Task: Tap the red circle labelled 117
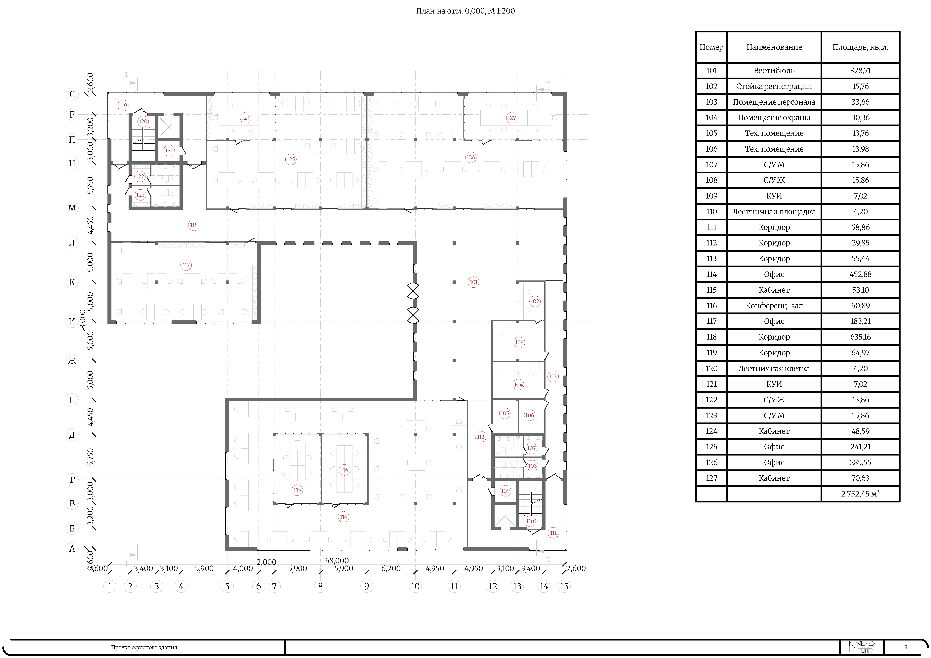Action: pyautogui.click(x=186, y=265)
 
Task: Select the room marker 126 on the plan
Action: pyautogui.click(x=470, y=157)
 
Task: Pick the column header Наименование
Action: pyautogui.click(x=774, y=47)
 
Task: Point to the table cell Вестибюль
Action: pyautogui.click(x=774, y=70)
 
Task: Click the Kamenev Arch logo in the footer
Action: pyautogui.click(x=862, y=647)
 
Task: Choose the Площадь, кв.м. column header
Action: pyautogui.click(x=860, y=47)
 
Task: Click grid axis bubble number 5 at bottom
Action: pyautogui.click(x=227, y=586)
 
